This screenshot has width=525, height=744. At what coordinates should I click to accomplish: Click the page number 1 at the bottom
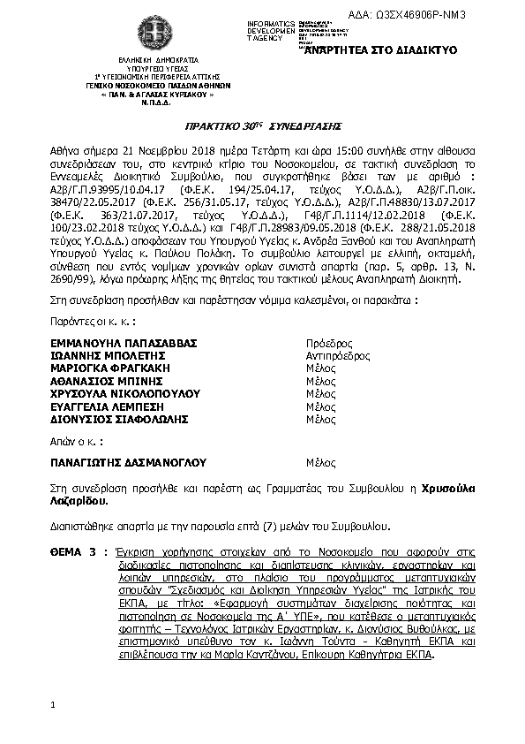point(54,704)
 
